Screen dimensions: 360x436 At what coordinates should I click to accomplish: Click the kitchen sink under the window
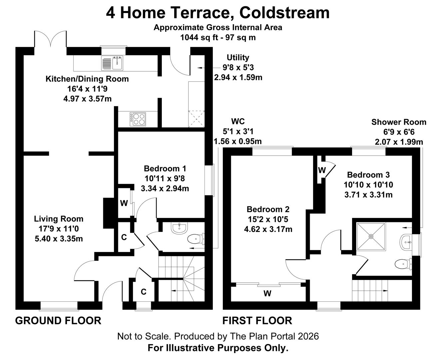pos(113,63)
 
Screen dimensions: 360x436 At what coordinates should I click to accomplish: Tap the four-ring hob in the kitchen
pos(138,119)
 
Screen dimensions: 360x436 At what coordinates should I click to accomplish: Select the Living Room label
pos(59,219)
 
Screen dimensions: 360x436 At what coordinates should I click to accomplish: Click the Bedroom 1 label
pos(165,168)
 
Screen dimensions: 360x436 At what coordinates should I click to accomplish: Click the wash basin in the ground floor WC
pos(180,228)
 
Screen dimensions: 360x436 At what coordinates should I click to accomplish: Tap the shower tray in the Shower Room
pos(371,236)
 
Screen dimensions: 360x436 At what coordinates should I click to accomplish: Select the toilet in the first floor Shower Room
pos(403,264)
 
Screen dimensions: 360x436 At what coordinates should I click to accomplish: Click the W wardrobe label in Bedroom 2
pos(267,294)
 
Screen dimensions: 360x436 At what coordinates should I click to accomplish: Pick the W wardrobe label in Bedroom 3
pos(321,170)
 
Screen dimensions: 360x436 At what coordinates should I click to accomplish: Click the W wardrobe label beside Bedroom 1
pos(124,203)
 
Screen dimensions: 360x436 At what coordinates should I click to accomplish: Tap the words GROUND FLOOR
pos(58,321)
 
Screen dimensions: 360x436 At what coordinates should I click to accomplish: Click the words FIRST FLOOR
pos(257,321)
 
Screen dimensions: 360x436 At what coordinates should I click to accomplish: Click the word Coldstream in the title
pos(284,13)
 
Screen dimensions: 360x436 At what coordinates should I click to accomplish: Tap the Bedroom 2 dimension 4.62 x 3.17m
pos(268,229)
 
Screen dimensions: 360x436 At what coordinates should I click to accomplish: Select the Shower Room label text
pos(399,122)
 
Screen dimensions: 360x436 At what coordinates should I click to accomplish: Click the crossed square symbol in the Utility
pos(196,119)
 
